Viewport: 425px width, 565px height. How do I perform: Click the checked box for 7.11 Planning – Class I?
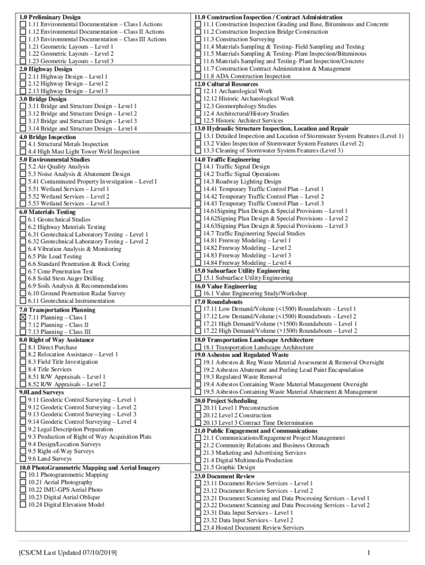(x=23, y=317)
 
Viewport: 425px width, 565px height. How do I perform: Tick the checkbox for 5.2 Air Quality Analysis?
(x=23, y=167)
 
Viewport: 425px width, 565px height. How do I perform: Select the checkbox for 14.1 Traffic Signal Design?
(x=198, y=167)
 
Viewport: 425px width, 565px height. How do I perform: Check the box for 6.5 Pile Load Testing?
(x=23, y=257)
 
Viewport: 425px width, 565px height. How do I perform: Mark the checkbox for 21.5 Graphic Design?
(x=198, y=467)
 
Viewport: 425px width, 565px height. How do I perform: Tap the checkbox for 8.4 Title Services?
(x=23, y=369)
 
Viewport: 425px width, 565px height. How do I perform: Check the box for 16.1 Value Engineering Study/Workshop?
(x=198, y=294)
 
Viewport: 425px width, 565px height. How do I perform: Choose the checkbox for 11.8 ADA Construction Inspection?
(x=198, y=76)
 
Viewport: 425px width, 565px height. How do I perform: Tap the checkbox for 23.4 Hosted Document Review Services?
(x=198, y=527)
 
